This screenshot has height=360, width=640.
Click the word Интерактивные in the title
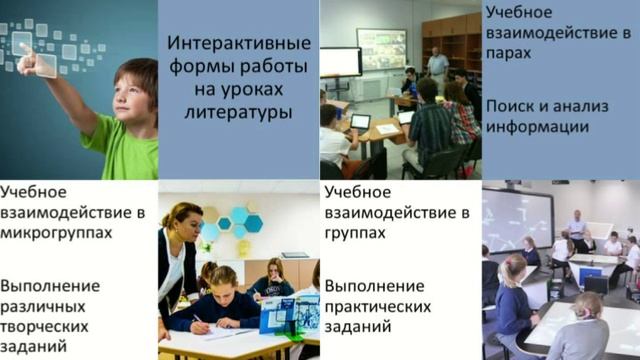click(x=238, y=46)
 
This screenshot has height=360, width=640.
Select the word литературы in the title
click(x=238, y=112)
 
